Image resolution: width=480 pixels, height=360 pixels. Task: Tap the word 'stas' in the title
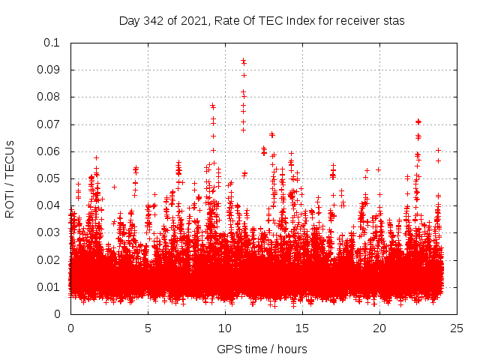[x=394, y=21]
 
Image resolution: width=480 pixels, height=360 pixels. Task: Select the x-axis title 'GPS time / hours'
[x=262, y=349]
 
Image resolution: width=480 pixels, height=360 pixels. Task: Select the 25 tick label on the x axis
[x=457, y=328]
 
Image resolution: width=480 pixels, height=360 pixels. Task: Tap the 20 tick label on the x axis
[x=379, y=328]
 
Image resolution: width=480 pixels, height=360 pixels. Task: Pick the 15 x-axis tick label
[x=302, y=328]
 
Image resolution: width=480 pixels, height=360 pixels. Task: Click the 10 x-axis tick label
[x=225, y=328]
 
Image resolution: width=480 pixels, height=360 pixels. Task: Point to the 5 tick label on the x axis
[x=148, y=328]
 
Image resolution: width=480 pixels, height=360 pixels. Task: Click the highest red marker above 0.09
[x=243, y=61]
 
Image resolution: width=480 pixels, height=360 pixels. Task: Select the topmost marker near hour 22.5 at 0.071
[x=418, y=121]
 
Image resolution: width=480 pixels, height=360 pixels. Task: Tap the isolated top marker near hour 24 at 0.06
[x=438, y=151]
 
